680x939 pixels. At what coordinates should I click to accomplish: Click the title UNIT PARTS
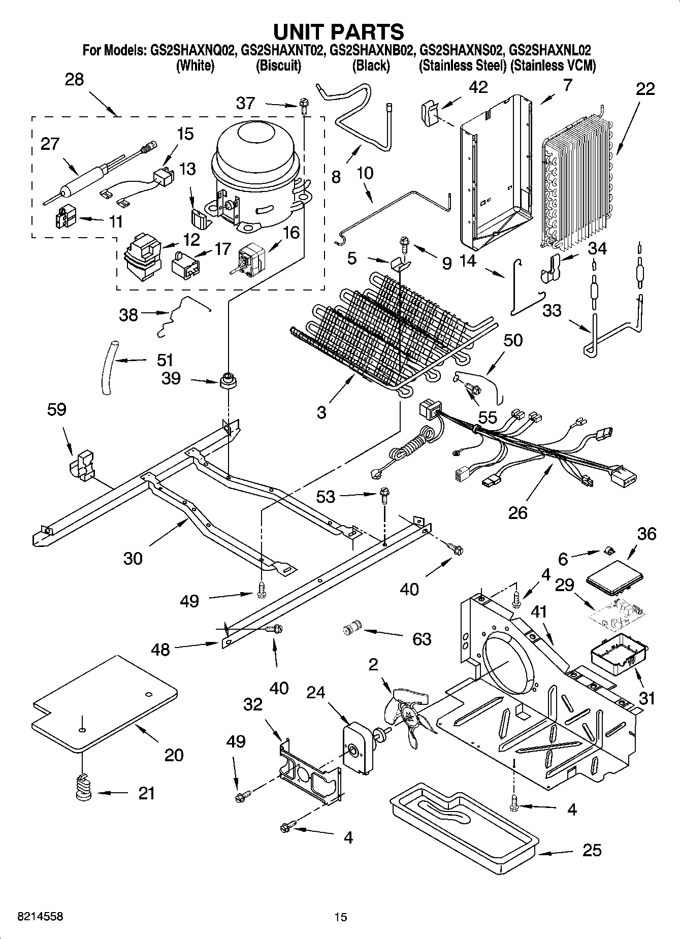(x=339, y=31)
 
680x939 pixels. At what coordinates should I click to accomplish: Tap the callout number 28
(x=74, y=80)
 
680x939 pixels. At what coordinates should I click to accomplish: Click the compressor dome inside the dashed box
(x=255, y=147)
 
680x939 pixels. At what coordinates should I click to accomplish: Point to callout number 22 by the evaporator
(x=645, y=89)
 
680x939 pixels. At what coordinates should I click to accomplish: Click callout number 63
(x=422, y=638)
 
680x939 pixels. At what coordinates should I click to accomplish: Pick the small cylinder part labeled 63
(x=351, y=628)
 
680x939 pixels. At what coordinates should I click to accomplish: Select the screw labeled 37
(x=304, y=106)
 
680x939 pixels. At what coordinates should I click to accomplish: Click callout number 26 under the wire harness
(x=518, y=512)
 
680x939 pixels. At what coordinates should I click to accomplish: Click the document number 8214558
(x=34, y=917)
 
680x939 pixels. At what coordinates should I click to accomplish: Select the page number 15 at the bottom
(x=340, y=917)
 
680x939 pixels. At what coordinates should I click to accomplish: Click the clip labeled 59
(x=81, y=464)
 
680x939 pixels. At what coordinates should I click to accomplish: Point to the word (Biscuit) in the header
(x=278, y=66)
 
